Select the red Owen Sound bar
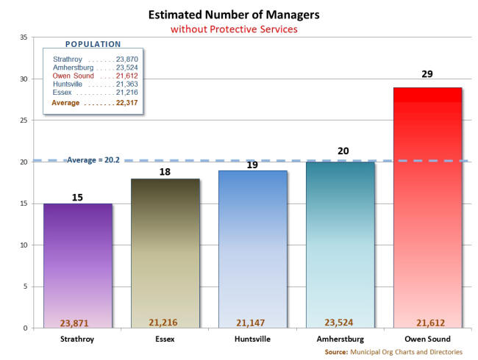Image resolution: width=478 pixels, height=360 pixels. tap(427, 206)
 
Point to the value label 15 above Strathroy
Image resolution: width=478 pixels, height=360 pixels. tap(77, 197)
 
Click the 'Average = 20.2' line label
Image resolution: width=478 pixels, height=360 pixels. tap(93, 159)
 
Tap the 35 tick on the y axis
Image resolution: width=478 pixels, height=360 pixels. tap(24, 37)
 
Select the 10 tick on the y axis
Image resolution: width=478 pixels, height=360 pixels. tap(24, 245)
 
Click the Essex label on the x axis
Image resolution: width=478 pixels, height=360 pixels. tap(165, 339)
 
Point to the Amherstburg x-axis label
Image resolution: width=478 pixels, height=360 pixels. tap(340, 339)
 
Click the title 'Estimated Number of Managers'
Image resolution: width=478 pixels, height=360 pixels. tap(234, 15)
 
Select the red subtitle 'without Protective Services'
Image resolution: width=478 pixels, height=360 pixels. tap(234, 29)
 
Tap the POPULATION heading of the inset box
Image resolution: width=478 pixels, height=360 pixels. tap(93, 44)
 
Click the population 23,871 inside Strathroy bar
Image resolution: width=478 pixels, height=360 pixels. tap(77, 322)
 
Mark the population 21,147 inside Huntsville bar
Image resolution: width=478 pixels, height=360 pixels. tap(252, 322)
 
